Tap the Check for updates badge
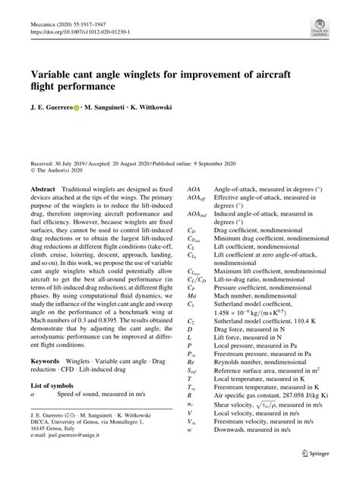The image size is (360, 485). pos(318,30)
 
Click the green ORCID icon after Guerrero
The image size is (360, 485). pos(76,108)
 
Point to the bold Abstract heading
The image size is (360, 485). pos(42,186)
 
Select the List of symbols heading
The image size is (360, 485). pos(55,386)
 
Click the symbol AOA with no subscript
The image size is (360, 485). pos(194,186)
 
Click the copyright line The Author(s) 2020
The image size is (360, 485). pos(65,171)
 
